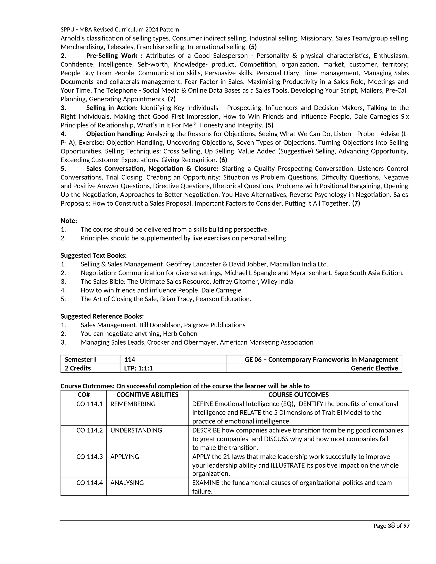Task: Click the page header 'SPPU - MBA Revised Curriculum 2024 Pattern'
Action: coord(120,29)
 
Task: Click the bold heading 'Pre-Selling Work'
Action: coord(112,56)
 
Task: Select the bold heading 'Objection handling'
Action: coord(114,134)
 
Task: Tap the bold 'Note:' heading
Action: coord(69,221)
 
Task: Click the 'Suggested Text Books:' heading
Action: coord(93,255)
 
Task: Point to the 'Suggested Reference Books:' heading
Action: coord(102,316)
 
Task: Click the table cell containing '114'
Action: coord(130,359)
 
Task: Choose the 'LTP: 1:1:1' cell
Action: coord(138,368)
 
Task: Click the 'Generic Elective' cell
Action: coord(374,368)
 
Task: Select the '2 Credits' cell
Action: coord(77,368)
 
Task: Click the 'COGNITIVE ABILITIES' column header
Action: coord(147,395)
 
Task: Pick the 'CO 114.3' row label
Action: coord(89,457)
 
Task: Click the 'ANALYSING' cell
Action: coord(127,483)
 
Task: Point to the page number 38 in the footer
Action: coord(391,525)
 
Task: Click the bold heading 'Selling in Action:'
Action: coord(112,108)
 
